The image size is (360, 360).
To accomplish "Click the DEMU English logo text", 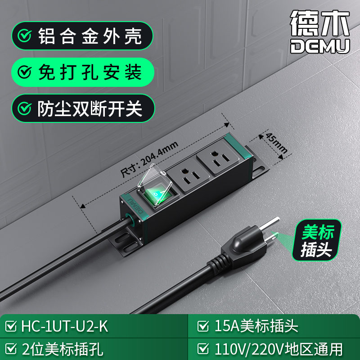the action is (320, 46).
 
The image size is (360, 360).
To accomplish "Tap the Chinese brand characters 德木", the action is (320, 23).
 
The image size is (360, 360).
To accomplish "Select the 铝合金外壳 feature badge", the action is (82, 36).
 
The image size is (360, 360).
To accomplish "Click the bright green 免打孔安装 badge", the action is (83, 72).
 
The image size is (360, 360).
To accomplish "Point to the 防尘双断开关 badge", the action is (83, 108).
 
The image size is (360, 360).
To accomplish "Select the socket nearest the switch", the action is (189, 175).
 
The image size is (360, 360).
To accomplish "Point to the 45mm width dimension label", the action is (276, 143).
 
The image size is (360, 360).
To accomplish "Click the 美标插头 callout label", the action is (317, 240).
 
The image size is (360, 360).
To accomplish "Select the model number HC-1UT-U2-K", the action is (64, 326).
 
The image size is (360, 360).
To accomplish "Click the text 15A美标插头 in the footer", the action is (256, 326).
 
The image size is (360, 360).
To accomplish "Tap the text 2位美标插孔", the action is (63, 349).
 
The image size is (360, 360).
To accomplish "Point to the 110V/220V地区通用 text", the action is (279, 349).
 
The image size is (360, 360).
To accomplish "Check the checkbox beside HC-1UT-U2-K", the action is (11, 326).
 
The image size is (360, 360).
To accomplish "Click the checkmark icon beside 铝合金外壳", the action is (24, 36).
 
